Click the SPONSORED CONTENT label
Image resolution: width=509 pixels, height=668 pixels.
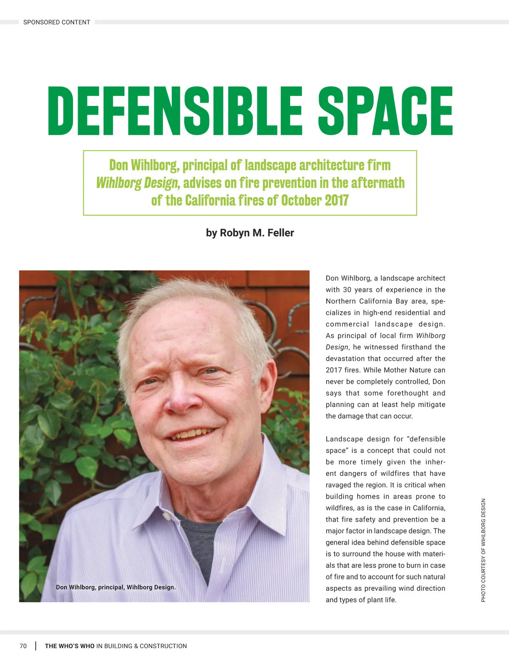coord(56,22)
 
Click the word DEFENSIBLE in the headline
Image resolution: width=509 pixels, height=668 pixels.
coord(174,111)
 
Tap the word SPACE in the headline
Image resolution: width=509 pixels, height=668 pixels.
coord(385,111)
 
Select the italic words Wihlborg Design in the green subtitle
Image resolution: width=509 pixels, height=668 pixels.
coord(137,183)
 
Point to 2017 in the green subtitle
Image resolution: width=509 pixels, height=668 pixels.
coord(336,200)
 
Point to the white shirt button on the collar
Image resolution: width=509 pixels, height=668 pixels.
coord(167,516)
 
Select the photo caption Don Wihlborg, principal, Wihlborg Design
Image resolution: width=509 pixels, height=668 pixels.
coord(116,587)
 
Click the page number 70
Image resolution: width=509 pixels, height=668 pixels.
coord(23,646)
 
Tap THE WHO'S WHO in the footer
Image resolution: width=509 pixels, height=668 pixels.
coord(70,646)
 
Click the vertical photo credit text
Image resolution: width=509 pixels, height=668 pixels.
coord(483,550)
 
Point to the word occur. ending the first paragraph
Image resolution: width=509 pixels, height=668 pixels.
coord(403,416)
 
